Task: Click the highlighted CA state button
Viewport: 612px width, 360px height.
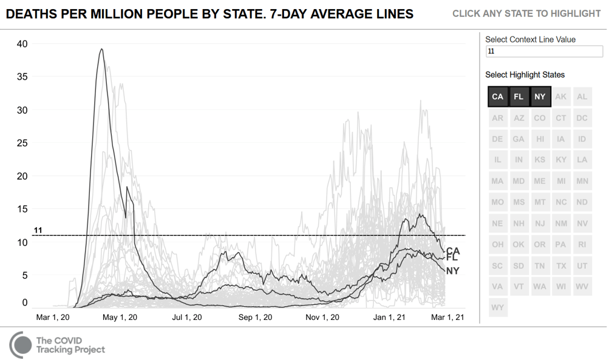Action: (498, 97)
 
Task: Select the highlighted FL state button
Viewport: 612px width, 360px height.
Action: (519, 97)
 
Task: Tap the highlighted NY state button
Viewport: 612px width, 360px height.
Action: (540, 97)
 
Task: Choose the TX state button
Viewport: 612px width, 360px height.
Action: (561, 266)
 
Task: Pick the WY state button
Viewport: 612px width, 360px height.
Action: (498, 307)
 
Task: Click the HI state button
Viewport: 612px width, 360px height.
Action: (540, 139)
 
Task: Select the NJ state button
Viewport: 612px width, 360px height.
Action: (540, 223)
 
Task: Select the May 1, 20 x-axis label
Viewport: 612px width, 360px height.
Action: (120, 318)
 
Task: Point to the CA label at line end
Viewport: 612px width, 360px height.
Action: (453, 251)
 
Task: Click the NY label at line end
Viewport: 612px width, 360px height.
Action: (453, 271)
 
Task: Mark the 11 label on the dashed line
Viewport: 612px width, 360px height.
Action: (38, 231)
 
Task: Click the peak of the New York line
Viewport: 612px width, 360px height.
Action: (101, 49)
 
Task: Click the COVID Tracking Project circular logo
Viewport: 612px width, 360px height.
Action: (21, 344)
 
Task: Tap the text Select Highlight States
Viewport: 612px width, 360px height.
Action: (525, 75)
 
